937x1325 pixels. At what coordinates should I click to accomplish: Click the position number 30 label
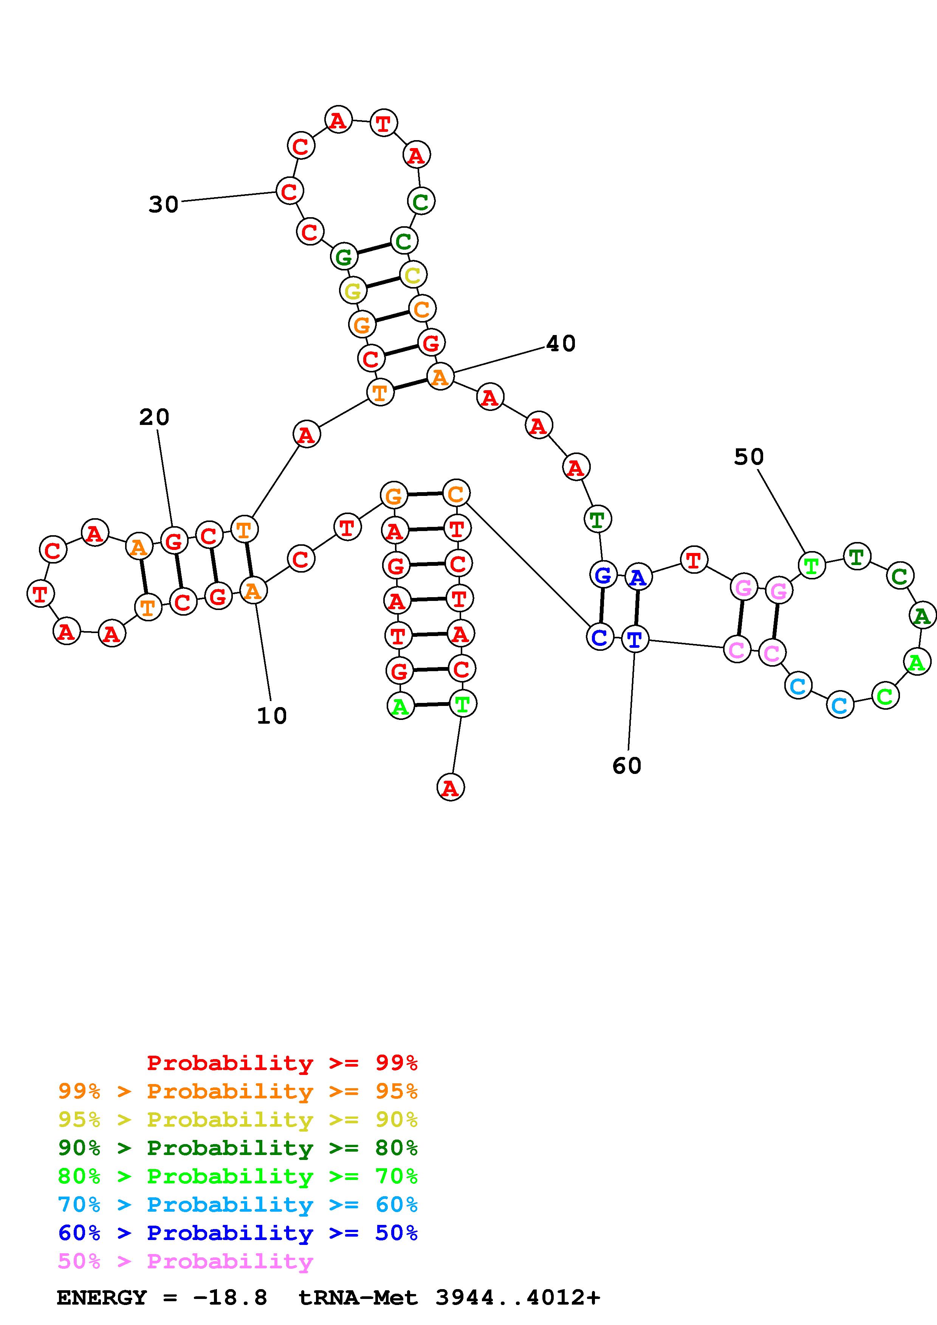point(163,204)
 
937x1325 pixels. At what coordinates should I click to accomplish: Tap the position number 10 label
point(271,716)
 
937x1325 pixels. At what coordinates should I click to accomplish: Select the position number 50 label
point(749,457)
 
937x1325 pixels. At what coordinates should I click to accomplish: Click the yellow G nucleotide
point(353,290)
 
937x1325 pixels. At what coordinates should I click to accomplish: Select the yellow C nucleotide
point(413,275)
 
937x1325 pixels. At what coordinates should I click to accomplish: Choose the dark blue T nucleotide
point(635,639)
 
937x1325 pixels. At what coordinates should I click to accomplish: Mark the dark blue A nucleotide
point(637,577)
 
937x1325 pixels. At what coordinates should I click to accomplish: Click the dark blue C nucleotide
point(600,637)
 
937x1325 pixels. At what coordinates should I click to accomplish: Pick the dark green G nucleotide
point(344,257)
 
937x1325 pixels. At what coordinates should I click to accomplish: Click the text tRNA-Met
point(358,1298)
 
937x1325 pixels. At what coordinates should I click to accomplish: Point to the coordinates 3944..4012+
point(518,1298)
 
